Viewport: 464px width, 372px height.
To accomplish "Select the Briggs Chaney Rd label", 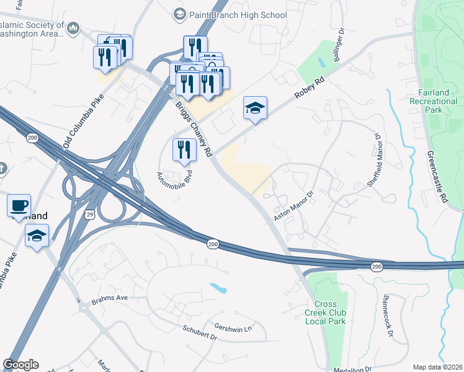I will click(194, 124).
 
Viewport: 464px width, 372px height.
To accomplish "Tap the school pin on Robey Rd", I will click(255, 109).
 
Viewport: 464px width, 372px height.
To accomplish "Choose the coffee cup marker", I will click(19, 205).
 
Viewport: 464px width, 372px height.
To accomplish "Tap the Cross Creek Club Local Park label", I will click(324, 312).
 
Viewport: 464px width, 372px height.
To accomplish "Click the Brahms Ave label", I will click(109, 298).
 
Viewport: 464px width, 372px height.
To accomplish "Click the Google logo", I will click(20, 365).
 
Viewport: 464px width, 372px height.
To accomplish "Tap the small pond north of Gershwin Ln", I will click(218, 288).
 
